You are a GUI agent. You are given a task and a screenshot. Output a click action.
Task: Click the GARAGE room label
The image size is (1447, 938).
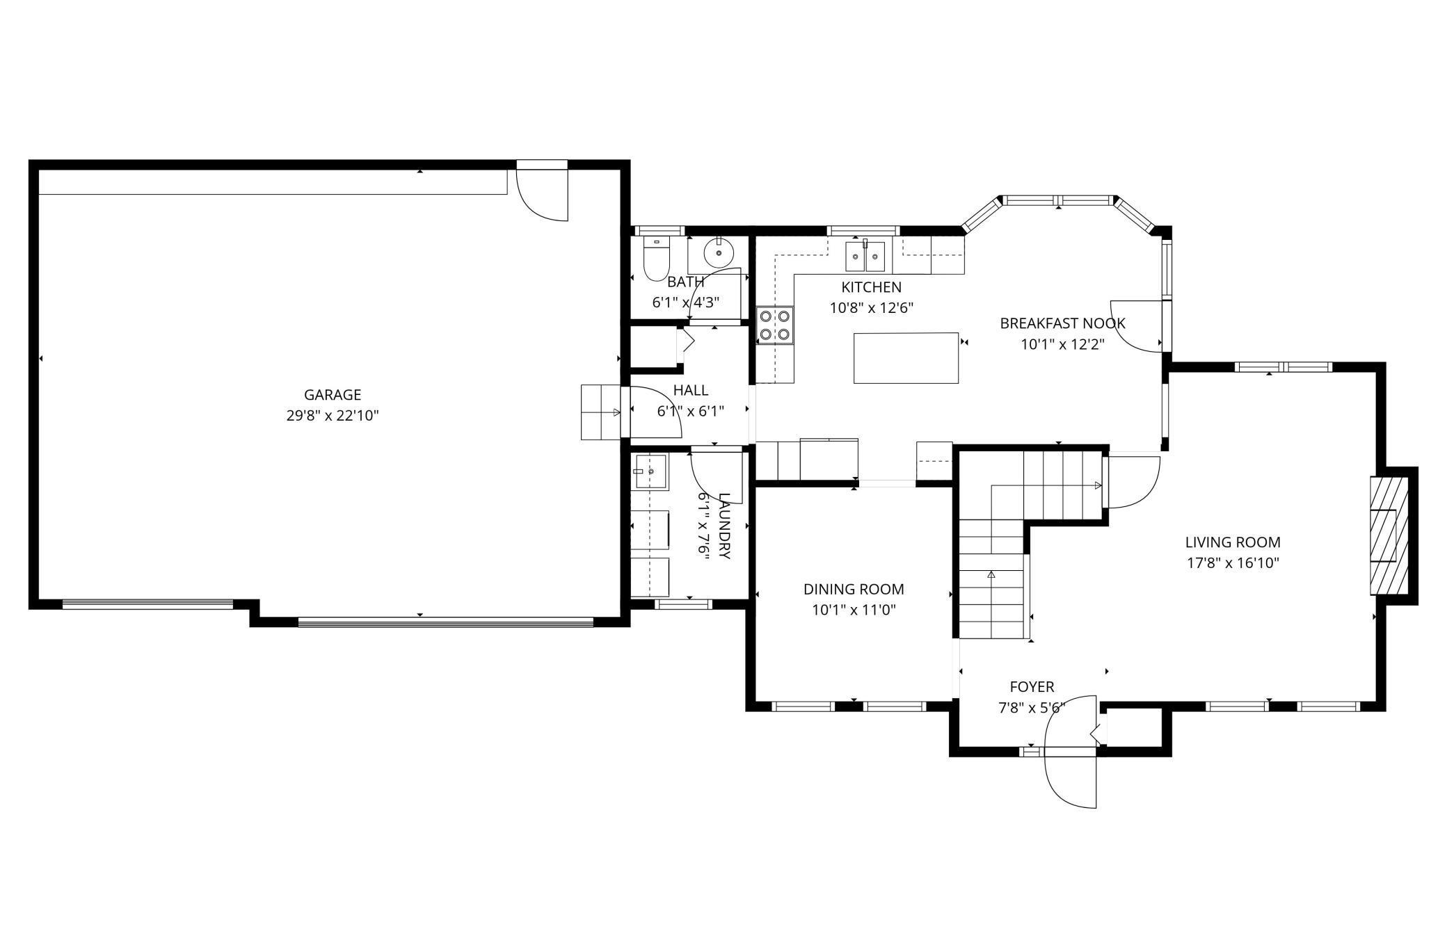click(x=332, y=394)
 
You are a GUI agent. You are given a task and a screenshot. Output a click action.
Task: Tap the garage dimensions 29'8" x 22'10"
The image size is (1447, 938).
click(x=332, y=416)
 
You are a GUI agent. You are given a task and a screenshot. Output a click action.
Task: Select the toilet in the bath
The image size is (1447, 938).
click(x=656, y=259)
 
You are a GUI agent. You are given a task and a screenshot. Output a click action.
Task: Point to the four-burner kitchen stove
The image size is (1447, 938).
click(x=775, y=325)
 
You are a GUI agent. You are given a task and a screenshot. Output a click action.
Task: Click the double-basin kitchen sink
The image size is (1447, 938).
click(x=865, y=257)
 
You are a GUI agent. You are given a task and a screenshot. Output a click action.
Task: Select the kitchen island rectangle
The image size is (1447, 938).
click(x=906, y=357)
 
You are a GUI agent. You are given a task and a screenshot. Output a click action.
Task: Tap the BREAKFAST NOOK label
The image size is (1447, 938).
click(x=1062, y=323)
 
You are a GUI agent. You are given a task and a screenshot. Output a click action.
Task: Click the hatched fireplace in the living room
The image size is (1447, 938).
click(x=1389, y=535)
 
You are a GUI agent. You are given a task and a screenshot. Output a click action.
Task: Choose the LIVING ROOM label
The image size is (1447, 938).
click(x=1232, y=542)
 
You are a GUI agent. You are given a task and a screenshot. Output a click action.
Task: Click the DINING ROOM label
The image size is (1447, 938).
click(x=853, y=589)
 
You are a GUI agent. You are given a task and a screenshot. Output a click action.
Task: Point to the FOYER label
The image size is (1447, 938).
click(x=1031, y=686)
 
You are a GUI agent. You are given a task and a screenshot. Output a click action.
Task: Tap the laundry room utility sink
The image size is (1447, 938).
click(x=649, y=471)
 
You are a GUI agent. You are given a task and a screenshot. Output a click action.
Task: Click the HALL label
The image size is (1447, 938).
click(x=690, y=390)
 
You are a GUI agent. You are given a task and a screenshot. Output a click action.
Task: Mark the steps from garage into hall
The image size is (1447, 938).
click(x=600, y=412)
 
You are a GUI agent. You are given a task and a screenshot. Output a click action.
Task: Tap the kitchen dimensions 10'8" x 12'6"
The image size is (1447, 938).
click(x=871, y=307)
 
